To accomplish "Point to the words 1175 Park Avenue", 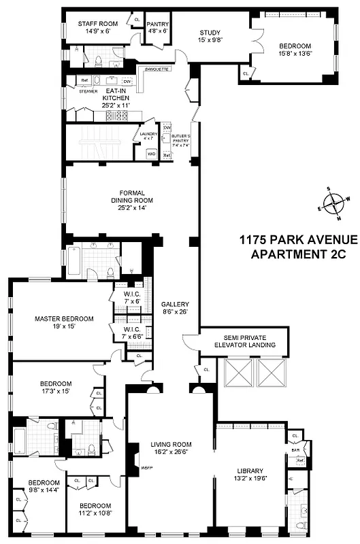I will (x=297, y=240).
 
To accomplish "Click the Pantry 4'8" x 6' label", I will (x=158, y=27).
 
